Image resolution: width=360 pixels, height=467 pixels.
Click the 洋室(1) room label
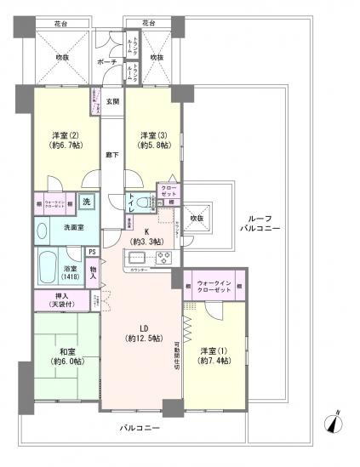(211, 356)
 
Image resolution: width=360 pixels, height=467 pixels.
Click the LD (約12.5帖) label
(138, 334)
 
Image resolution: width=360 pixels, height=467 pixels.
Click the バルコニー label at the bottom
(140, 429)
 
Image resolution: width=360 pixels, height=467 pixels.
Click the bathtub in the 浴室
(47, 269)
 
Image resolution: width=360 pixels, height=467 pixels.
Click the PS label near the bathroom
(91, 251)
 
